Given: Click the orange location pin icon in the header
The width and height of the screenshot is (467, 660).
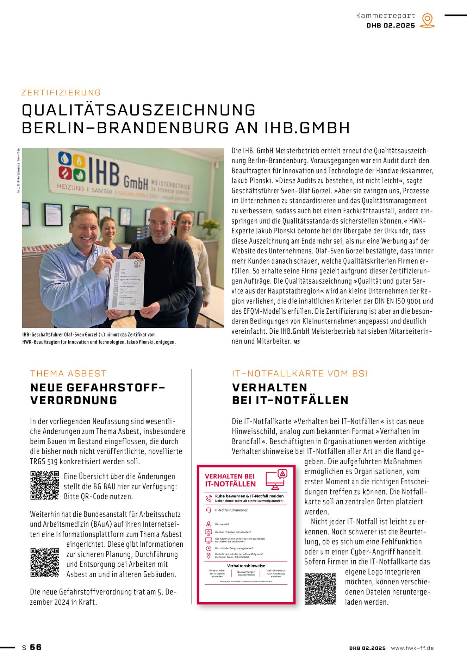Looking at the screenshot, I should tap(427, 20).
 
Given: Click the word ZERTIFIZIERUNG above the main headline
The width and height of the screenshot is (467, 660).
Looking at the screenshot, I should tap(61, 93).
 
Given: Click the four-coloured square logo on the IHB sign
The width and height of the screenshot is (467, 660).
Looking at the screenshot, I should tap(71, 167).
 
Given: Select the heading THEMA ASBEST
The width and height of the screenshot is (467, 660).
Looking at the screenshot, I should tap(68, 373).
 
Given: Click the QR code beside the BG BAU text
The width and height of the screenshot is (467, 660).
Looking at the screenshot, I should tap(44, 485).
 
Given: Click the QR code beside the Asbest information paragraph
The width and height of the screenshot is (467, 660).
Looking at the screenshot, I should tap(44, 562).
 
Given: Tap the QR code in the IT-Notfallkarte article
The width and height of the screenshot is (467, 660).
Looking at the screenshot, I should tap(320, 589).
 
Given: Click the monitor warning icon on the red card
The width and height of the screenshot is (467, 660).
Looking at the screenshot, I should tap(276, 479).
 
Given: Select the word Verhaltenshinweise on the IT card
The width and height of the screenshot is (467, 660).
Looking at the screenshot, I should tap(246, 566).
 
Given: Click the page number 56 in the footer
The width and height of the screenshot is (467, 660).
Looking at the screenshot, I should tap(36, 647).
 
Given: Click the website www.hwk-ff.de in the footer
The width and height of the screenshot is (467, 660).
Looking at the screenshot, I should tap(412, 648).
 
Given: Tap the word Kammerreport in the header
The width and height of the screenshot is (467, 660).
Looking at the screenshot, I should tap(385, 16).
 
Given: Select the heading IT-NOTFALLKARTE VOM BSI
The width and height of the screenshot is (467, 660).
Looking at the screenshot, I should tap(300, 373).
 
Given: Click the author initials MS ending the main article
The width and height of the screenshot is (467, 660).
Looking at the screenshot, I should tap(297, 342).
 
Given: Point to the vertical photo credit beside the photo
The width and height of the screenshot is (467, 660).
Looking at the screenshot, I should tap(18, 171).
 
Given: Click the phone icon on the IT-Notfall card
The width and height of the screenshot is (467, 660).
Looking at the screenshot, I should tap(208, 498).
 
